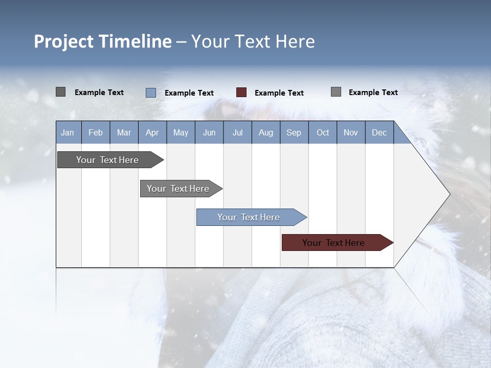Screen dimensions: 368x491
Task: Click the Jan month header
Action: (68, 132)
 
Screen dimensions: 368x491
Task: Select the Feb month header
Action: (96, 132)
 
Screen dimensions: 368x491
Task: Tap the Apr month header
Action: (152, 132)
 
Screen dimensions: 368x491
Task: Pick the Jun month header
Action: (209, 132)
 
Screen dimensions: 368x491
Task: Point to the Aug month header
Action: (265, 132)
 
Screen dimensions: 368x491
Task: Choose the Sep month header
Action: (294, 132)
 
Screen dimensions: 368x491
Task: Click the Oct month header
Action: (323, 132)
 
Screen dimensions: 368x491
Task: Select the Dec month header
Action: (379, 132)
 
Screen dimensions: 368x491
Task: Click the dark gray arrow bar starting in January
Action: (107, 160)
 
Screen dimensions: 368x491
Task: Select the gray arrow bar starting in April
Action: (178, 189)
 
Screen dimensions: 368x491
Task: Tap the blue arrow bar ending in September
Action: (249, 217)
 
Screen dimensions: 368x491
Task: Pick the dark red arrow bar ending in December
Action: (333, 243)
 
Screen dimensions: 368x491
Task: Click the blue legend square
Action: (150, 93)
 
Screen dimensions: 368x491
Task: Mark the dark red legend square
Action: (241, 93)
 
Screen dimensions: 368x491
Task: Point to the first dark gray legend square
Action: (60, 92)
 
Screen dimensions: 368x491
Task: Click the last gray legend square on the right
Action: (336, 92)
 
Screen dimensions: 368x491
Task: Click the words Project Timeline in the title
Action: (102, 41)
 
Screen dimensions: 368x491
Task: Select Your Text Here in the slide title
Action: (253, 41)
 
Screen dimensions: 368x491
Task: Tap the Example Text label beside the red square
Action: (279, 93)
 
